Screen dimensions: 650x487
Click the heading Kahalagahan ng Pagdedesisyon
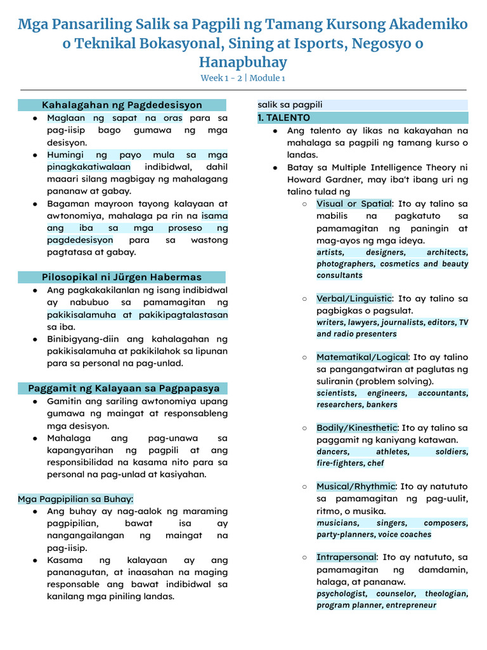pyautogui.click(x=122, y=105)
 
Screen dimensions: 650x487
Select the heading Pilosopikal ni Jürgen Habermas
pyautogui.click(x=122, y=277)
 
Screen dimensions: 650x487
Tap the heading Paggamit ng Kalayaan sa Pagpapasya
pyautogui.click(x=124, y=388)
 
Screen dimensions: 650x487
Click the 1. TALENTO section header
pyautogui.click(x=283, y=118)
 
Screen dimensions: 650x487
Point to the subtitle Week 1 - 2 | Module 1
pyautogui.click(x=243, y=78)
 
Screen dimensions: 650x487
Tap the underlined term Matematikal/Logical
pyautogui.click(x=362, y=357)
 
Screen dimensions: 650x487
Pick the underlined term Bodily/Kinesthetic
pyautogui.click(x=356, y=428)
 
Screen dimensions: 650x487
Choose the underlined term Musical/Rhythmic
pyautogui.click(x=356, y=486)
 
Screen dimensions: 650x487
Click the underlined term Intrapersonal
pyautogui.click(x=346, y=557)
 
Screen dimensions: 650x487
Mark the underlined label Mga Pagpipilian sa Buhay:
pyautogui.click(x=75, y=499)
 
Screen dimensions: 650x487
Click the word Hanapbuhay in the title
pyautogui.click(x=243, y=62)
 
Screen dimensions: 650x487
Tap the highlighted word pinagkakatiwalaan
pyautogui.click(x=89, y=167)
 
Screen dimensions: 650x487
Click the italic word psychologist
pyautogui.click(x=342, y=594)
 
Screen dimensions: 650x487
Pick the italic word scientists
pyautogui.click(x=336, y=393)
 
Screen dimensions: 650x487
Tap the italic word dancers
pyautogui.click(x=333, y=451)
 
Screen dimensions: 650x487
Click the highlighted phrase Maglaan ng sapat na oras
pyautogui.click(x=115, y=118)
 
